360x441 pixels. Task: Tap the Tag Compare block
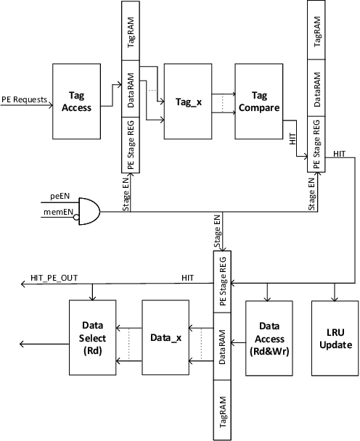pos(258,100)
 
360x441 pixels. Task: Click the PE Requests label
pos(24,100)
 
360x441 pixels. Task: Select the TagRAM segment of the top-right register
pos(316,33)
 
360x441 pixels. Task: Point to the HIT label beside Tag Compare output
pos(292,140)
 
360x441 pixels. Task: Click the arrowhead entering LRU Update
pos(335,296)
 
